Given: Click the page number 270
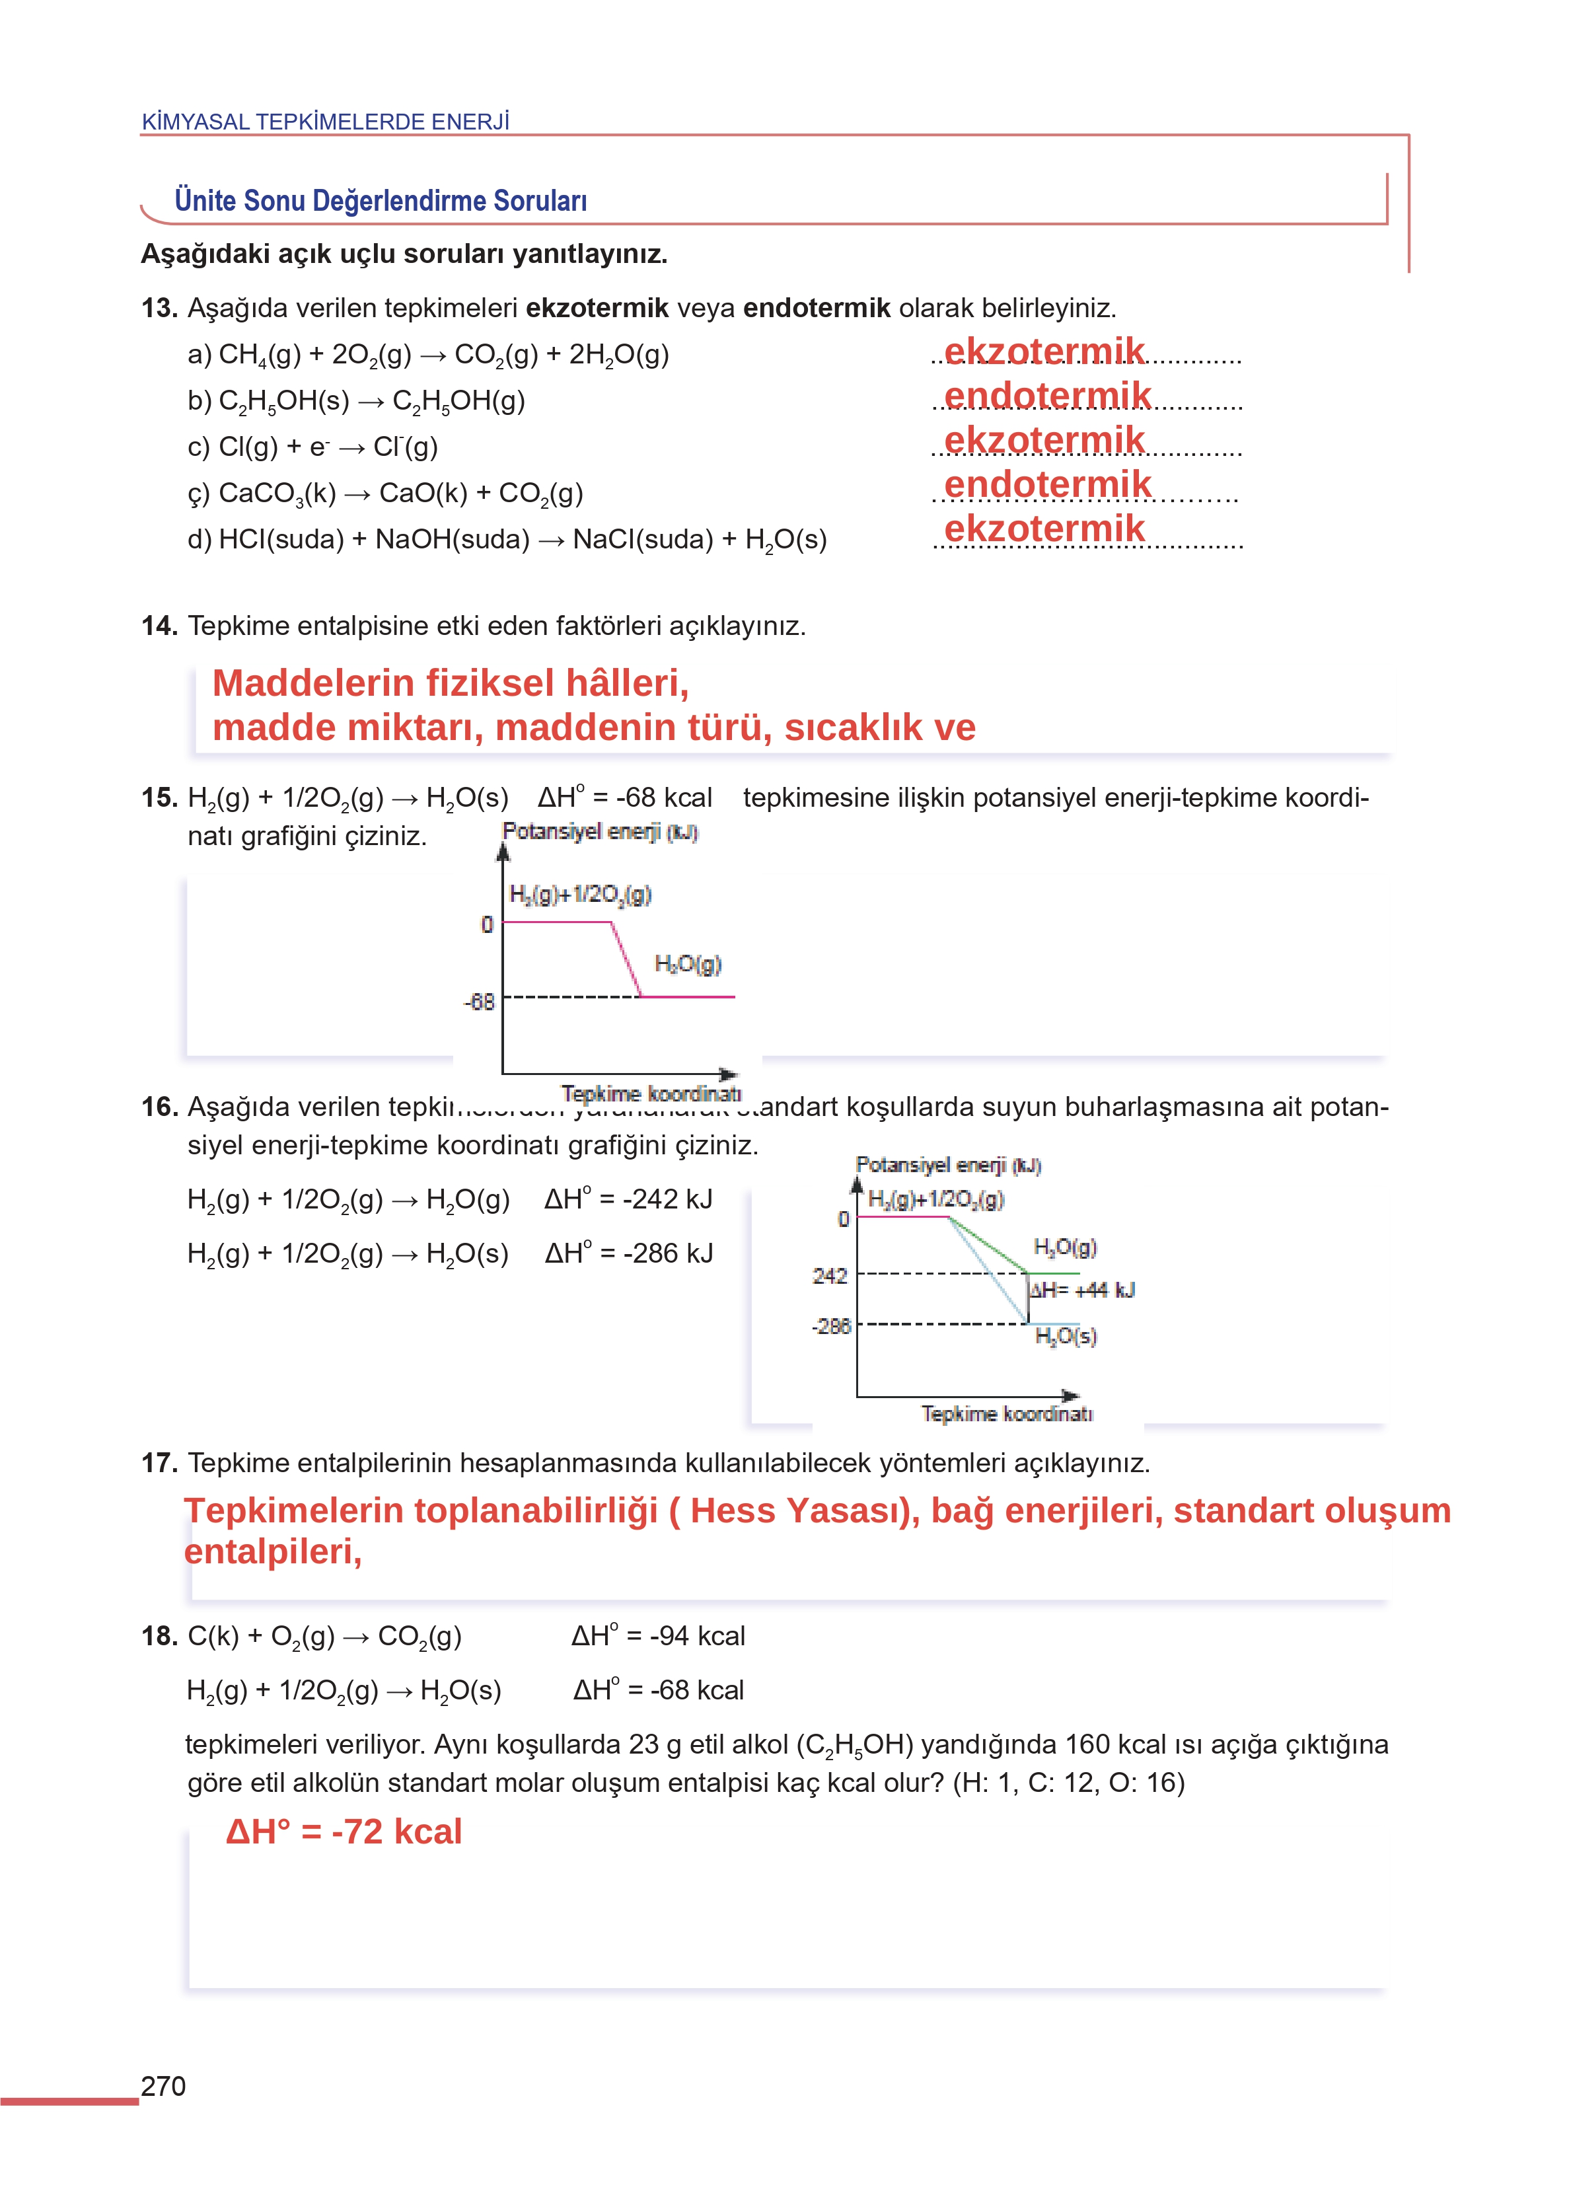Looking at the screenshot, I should pyautogui.click(x=163, y=2086).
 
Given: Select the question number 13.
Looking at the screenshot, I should pyautogui.click(x=159, y=308).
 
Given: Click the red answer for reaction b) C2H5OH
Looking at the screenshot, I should pyautogui.click(x=1046, y=396).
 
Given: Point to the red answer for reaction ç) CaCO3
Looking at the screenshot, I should pyautogui.click(x=1046, y=484).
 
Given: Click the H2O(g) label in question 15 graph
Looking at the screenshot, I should pyautogui.click(x=687, y=963).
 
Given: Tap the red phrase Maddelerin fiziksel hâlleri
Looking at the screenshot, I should pyautogui.click(x=450, y=683).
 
